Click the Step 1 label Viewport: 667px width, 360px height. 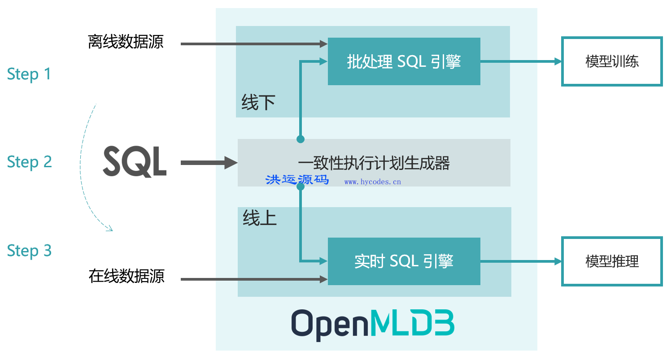(x=29, y=74)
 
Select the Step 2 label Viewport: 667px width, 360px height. (x=29, y=162)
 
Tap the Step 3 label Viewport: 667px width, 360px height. (x=29, y=251)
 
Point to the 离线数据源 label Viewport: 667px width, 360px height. (x=126, y=42)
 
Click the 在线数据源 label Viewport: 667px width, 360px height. (x=126, y=276)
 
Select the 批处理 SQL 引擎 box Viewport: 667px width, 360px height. (x=404, y=61)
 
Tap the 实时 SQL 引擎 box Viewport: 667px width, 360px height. (x=404, y=261)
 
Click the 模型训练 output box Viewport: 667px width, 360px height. (x=612, y=61)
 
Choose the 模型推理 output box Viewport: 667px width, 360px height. (x=612, y=261)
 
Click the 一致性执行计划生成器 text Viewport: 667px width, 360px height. (x=374, y=163)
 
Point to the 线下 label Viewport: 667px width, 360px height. (x=258, y=103)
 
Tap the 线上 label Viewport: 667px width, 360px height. (x=260, y=218)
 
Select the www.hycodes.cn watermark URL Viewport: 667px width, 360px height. (x=372, y=182)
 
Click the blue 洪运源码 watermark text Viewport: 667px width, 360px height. (x=297, y=180)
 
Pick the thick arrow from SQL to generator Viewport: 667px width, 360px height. (x=209, y=163)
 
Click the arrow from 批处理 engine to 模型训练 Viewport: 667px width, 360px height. (x=520, y=62)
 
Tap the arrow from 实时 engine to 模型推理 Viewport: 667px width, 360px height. (x=520, y=261)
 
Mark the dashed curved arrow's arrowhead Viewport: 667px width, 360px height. (x=109, y=230)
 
